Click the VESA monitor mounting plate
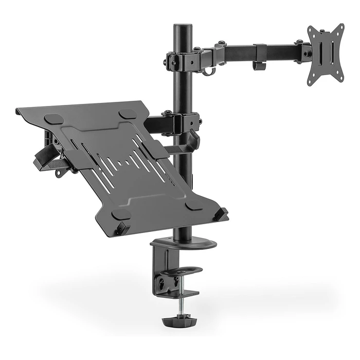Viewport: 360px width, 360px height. coord(325,53)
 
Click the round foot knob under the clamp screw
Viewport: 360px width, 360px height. coord(177,321)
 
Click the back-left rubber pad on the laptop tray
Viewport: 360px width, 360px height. coord(53,119)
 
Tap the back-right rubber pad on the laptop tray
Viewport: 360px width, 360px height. coord(128,114)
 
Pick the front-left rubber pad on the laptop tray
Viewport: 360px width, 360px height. coord(121,214)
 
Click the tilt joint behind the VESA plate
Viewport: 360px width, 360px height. coord(305,51)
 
